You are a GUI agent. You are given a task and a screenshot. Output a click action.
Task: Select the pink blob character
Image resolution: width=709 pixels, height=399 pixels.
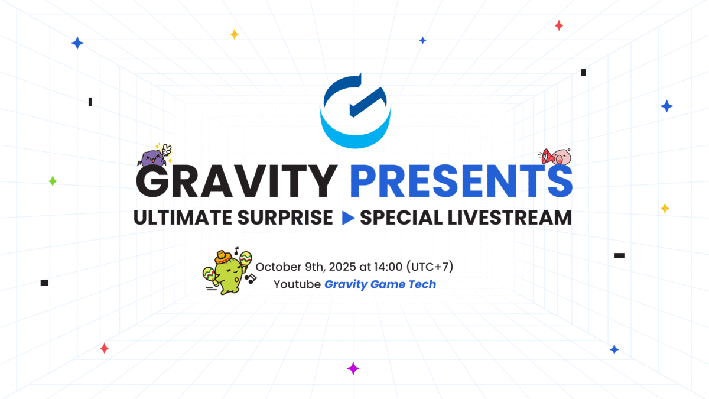pos(561,157)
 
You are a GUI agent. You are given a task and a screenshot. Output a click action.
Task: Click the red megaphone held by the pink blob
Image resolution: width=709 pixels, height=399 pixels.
pos(547,156)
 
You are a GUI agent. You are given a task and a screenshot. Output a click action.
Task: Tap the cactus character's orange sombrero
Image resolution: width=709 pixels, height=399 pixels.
pos(222,257)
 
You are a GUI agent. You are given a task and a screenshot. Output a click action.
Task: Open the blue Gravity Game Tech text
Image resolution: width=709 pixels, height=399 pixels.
pos(380,284)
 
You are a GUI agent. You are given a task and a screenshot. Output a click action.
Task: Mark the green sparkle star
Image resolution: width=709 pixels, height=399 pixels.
pos(53,181)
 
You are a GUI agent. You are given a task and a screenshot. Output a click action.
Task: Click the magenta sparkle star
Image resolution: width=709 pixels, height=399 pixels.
pos(353,368)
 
